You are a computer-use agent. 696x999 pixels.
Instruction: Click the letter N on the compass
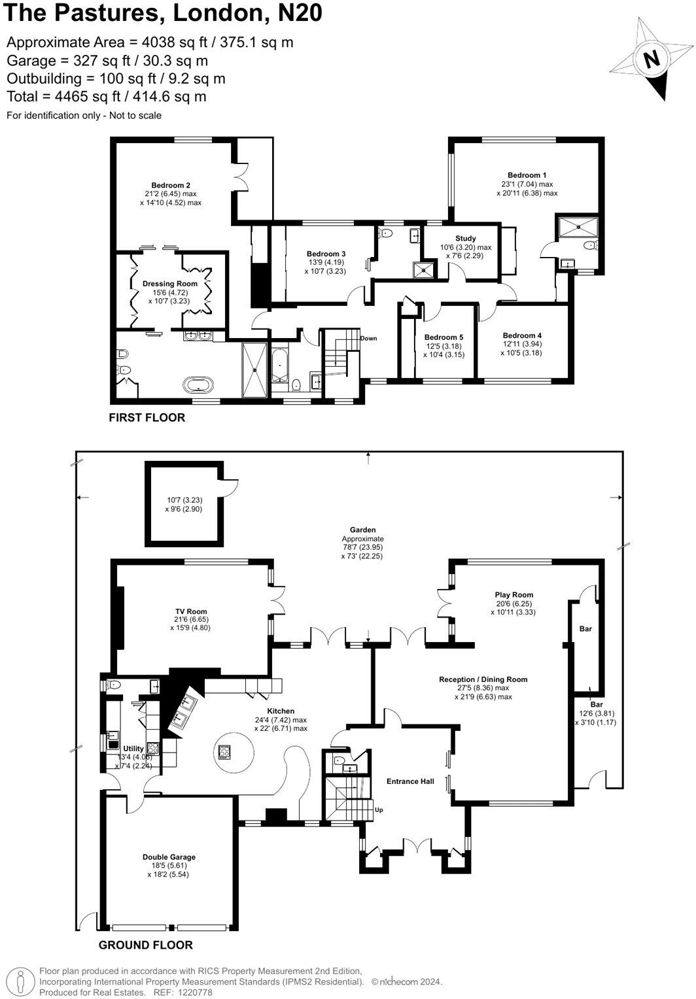(651, 59)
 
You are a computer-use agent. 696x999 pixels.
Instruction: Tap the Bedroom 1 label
(527, 175)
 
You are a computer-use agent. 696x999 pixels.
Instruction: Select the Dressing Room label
(170, 284)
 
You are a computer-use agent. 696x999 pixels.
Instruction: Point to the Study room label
(465, 239)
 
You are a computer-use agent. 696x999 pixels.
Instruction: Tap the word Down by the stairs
(368, 339)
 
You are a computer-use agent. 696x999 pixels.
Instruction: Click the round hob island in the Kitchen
(226, 751)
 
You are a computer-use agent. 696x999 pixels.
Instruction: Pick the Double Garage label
(169, 857)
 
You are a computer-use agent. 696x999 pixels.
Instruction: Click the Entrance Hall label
(410, 781)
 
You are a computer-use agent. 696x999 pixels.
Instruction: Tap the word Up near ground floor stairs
(379, 810)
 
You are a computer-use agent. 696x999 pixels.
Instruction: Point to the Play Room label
(514, 595)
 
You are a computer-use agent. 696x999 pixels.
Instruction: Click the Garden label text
(362, 530)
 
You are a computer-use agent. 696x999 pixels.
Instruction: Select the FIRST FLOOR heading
(147, 418)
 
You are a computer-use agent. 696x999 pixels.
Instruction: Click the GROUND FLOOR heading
(145, 945)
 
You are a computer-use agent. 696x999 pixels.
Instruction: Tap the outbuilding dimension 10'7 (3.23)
(179, 500)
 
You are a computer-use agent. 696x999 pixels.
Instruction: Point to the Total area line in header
(107, 97)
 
